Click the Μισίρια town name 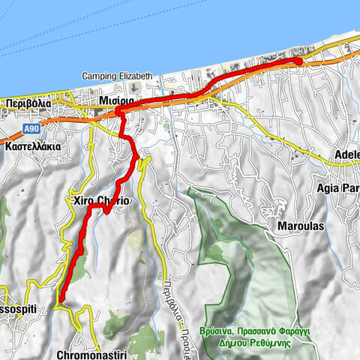click(116, 100)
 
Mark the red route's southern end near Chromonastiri click(60, 303)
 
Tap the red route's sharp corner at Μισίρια click(118, 111)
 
